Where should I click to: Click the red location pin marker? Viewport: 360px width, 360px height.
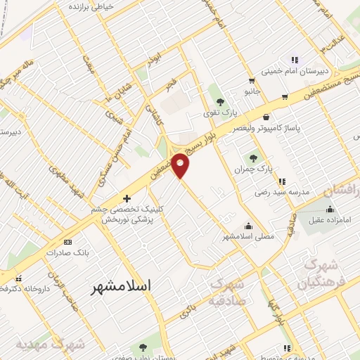[181, 165]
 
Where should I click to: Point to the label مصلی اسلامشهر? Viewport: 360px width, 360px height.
[249, 237]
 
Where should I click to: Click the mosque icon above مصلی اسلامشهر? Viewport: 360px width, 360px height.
[247, 226]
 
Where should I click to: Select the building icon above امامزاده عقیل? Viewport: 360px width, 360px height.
[330, 209]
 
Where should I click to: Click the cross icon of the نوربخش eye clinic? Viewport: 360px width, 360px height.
[127, 198]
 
